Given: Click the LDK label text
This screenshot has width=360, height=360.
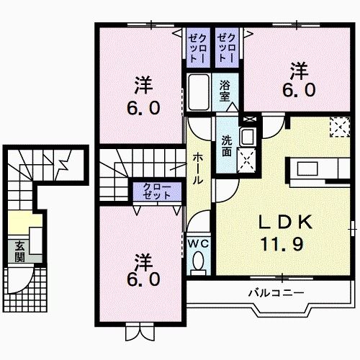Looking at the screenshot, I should tap(284, 222).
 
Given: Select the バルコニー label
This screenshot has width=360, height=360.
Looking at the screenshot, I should tap(276, 292).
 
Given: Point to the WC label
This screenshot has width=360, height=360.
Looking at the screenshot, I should tap(198, 243).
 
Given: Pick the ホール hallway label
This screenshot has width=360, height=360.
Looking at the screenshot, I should tap(198, 168).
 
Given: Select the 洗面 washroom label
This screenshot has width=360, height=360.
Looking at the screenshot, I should tap(228, 146).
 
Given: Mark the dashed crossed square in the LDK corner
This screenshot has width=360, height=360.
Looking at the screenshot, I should tap(338, 127).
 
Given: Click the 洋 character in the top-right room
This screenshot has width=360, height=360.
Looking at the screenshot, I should tap(300, 71).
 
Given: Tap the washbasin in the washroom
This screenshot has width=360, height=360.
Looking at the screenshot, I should tap(247, 137).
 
